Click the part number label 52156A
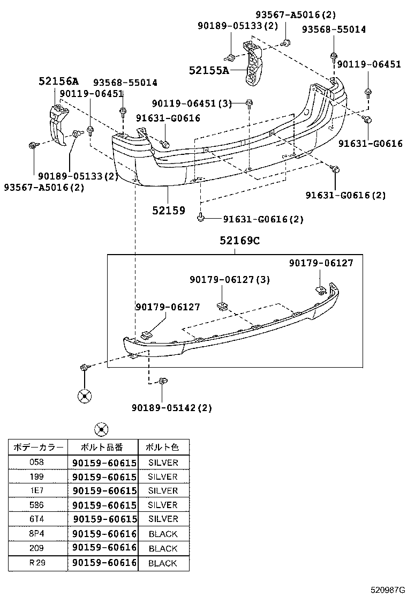tap(58, 81)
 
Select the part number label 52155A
tap(208, 70)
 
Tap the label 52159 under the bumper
tap(168, 211)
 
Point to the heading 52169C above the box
tap(239, 242)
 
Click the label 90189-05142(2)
tap(171, 408)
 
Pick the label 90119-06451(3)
tap(192, 103)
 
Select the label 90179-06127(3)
tap(229, 279)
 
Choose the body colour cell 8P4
tap(37, 534)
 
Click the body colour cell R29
tap(37, 563)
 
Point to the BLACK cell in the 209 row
tap(163, 548)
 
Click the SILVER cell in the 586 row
tap(163, 505)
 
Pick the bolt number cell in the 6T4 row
tap(104, 519)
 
